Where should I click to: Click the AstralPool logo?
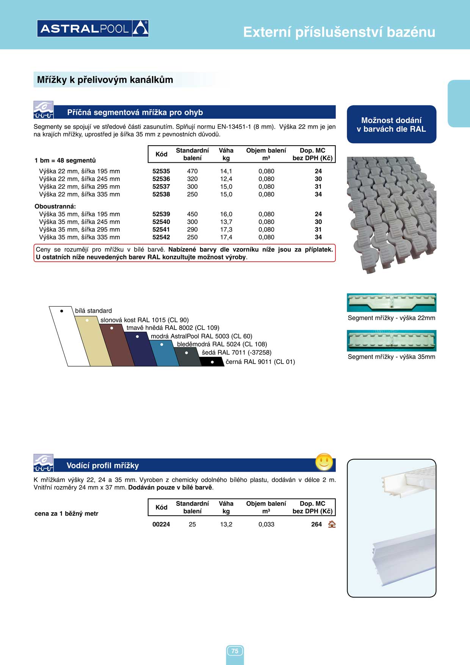coord(93,28)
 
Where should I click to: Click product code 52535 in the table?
coord(161,171)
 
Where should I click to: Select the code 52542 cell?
coord(161,237)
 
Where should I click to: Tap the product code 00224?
coord(161,524)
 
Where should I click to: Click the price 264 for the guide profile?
coord(316,524)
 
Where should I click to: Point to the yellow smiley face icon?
coord(324,462)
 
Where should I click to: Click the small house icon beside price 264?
coord(332,524)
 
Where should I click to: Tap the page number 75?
coord(235,651)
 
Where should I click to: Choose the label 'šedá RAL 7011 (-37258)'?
coord(237,353)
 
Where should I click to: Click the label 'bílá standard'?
coord(93,311)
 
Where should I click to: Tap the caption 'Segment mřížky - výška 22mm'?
coord(392,318)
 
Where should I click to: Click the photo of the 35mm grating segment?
coord(392,340)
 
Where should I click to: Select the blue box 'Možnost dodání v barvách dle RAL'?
coord(392,124)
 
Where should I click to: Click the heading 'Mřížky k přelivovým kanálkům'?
coord(105,80)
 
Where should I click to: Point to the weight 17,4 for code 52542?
coord(226,237)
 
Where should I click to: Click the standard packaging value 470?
coord(192,171)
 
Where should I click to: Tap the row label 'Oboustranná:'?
coord(55,207)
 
